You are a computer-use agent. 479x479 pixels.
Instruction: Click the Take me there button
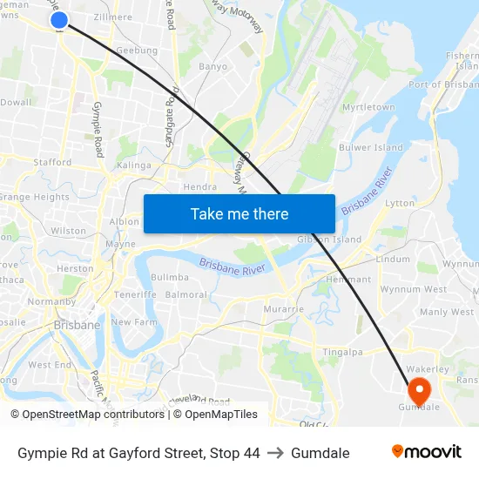pos(239,213)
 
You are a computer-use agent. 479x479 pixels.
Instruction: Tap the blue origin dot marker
pos(59,20)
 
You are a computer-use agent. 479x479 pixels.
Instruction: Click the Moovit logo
pos(426,452)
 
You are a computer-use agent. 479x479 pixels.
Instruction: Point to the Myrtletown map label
pos(368,107)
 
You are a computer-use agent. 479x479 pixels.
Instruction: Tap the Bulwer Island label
pos(370,148)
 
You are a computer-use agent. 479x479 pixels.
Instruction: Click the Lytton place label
pos(400,203)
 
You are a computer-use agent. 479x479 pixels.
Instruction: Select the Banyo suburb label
pos(213,66)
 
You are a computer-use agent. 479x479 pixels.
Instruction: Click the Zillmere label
pos(112,17)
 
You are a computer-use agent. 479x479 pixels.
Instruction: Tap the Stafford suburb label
pos(52,162)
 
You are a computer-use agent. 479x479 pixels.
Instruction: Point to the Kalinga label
pos(134,165)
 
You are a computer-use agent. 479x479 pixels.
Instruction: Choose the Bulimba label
pos(170,277)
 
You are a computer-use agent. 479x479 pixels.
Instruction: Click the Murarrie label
pos(284,309)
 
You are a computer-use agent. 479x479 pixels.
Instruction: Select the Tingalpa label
pos(342,352)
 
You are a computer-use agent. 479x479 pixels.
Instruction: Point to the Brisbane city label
pos(77,325)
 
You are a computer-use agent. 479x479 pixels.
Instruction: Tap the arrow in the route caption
pos(275,453)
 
